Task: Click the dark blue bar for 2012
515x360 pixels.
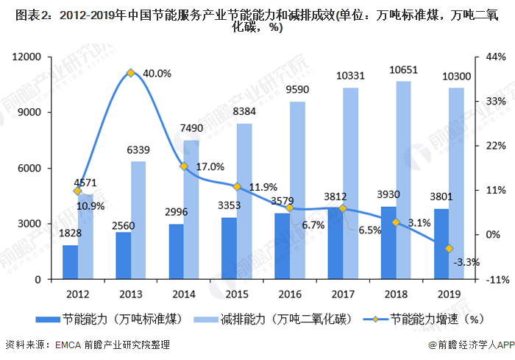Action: coord(70,262)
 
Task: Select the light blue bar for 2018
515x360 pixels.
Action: coord(403,180)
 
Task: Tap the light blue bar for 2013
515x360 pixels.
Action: coord(138,220)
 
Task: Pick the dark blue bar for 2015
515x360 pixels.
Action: coord(229,248)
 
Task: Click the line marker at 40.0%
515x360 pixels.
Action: coord(130,73)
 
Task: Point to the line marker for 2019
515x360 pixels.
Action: coord(449,249)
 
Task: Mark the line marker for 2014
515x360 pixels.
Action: coord(184,166)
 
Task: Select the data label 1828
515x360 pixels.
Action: coord(69,233)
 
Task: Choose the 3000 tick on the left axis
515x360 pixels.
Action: coord(32,224)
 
